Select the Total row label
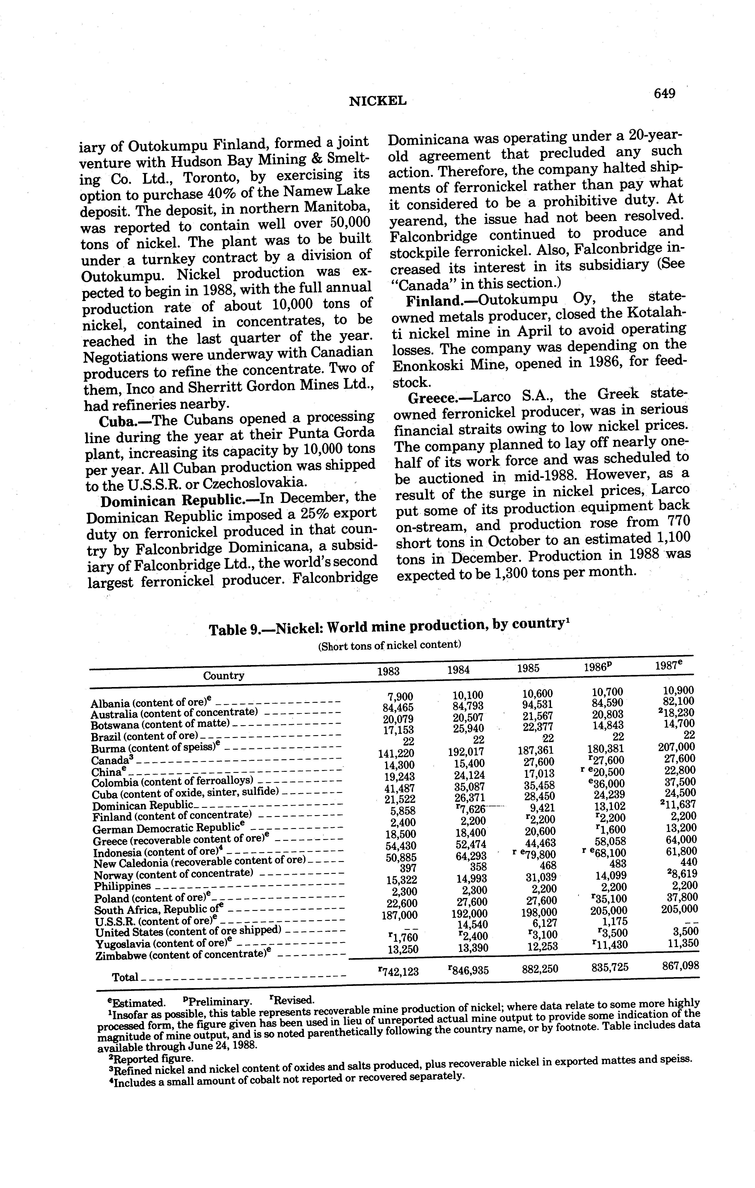[125, 977]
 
